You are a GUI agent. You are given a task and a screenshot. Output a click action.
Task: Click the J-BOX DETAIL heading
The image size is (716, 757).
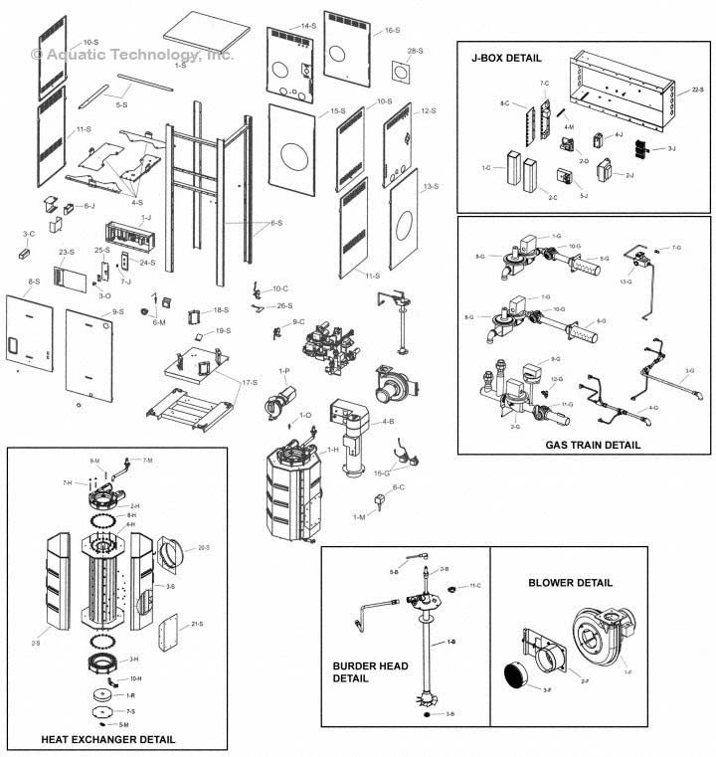pyautogui.click(x=507, y=59)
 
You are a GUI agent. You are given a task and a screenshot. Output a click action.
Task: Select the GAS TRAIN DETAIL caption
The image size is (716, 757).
pyautogui.click(x=593, y=445)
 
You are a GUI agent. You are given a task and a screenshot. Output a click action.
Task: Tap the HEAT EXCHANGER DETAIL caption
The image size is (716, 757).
pyautogui.click(x=108, y=739)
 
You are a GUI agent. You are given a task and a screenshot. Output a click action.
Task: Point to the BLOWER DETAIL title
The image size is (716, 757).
pyautogui.click(x=571, y=583)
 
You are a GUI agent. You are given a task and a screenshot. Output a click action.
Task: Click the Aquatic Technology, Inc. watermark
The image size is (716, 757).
pyautogui.click(x=132, y=55)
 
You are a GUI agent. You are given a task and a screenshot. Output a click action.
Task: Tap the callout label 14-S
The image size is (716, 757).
pyautogui.click(x=308, y=25)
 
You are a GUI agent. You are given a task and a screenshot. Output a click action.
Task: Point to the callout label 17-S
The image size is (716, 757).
pyautogui.click(x=249, y=383)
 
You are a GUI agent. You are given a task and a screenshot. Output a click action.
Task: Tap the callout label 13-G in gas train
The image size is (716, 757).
pyautogui.click(x=625, y=282)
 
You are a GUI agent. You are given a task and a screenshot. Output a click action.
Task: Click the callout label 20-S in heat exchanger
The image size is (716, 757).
pyautogui.click(x=203, y=547)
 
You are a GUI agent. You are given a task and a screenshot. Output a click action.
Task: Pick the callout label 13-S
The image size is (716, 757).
pyautogui.click(x=430, y=187)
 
